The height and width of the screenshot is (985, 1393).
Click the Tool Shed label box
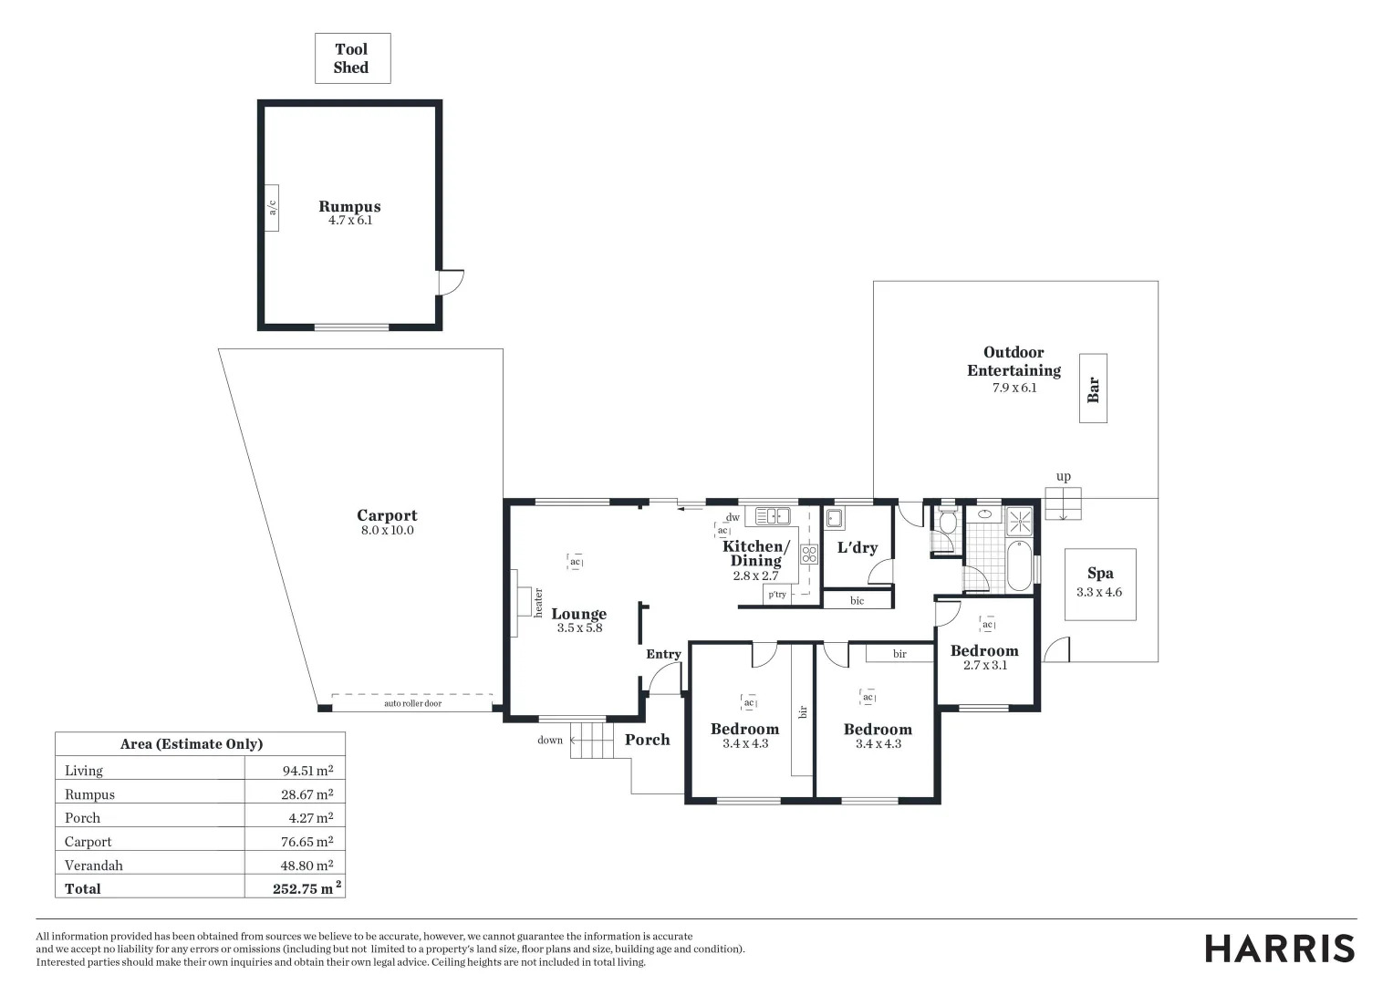pyautogui.click(x=352, y=58)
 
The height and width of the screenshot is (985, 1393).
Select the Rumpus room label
pyautogui.click(x=349, y=207)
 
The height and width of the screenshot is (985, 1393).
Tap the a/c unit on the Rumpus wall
pyautogui.click(x=271, y=207)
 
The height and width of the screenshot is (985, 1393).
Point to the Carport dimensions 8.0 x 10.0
pyautogui.click(x=387, y=531)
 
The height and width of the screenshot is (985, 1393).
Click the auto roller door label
pyautogui.click(x=412, y=703)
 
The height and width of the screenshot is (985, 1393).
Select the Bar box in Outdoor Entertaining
pyautogui.click(x=1093, y=389)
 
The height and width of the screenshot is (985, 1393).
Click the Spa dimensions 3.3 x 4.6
pyautogui.click(x=1099, y=592)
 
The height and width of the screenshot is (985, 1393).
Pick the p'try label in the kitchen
pyautogui.click(x=776, y=595)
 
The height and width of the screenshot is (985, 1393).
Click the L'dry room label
pyautogui.click(x=857, y=547)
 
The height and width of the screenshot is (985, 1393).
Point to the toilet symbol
pyautogui.click(x=947, y=523)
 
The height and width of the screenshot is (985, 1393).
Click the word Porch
pyautogui.click(x=647, y=740)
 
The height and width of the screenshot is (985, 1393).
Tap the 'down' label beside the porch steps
pyautogui.click(x=550, y=740)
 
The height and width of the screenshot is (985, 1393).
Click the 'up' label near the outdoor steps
pyautogui.click(x=1063, y=476)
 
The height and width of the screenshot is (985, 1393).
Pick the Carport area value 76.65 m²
pyautogui.click(x=307, y=841)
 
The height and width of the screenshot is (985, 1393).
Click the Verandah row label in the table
pyautogui.click(x=93, y=865)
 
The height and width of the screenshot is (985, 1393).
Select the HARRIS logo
pyautogui.click(x=1280, y=949)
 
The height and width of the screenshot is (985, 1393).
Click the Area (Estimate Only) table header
pyautogui.click(x=192, y=744)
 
